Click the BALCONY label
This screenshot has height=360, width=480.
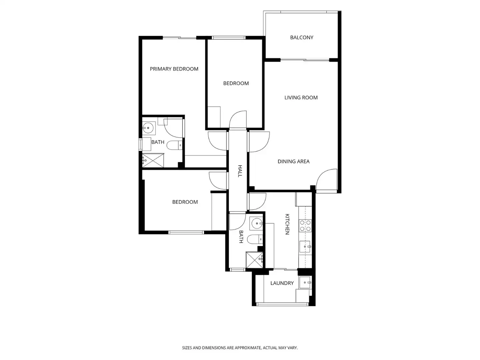pyautogui.click(x=302, y=37)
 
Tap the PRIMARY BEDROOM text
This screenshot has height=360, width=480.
pyautogui.click(x=174, y=69)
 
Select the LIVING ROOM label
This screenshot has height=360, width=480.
pyautogui.click(x=301, y=97)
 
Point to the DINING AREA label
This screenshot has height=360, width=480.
pyautogui.click(x=293, y=161)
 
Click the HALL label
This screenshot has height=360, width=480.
pyautogui.click(x=240, y=171)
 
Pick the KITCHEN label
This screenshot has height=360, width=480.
pyautogui.click(x=287, y=224)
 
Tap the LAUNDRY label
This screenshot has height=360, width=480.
pyautogui.click(x=282, y=283)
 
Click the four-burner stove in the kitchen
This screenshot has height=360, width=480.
pyautogui.click(x=305, y=226)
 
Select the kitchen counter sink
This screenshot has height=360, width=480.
pyautogui.click(x=305, y=246)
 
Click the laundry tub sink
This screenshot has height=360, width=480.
pyautogui.click(x=305, y=282)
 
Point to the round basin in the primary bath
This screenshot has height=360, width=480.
pyautogui.click(x=148, y=128)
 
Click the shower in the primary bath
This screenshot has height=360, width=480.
pyautogui.click(x=153, y=160)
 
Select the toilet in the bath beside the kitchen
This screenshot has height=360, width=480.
pyautogui.click(x=255, y=239)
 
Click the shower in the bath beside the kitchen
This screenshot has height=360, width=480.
pyautogui.click(x=254, y=260)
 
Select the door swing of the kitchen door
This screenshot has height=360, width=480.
pyautogui.click(x=257, y=202)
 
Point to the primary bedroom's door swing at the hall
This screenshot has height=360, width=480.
pyautogui.click(x=217, y=141)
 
